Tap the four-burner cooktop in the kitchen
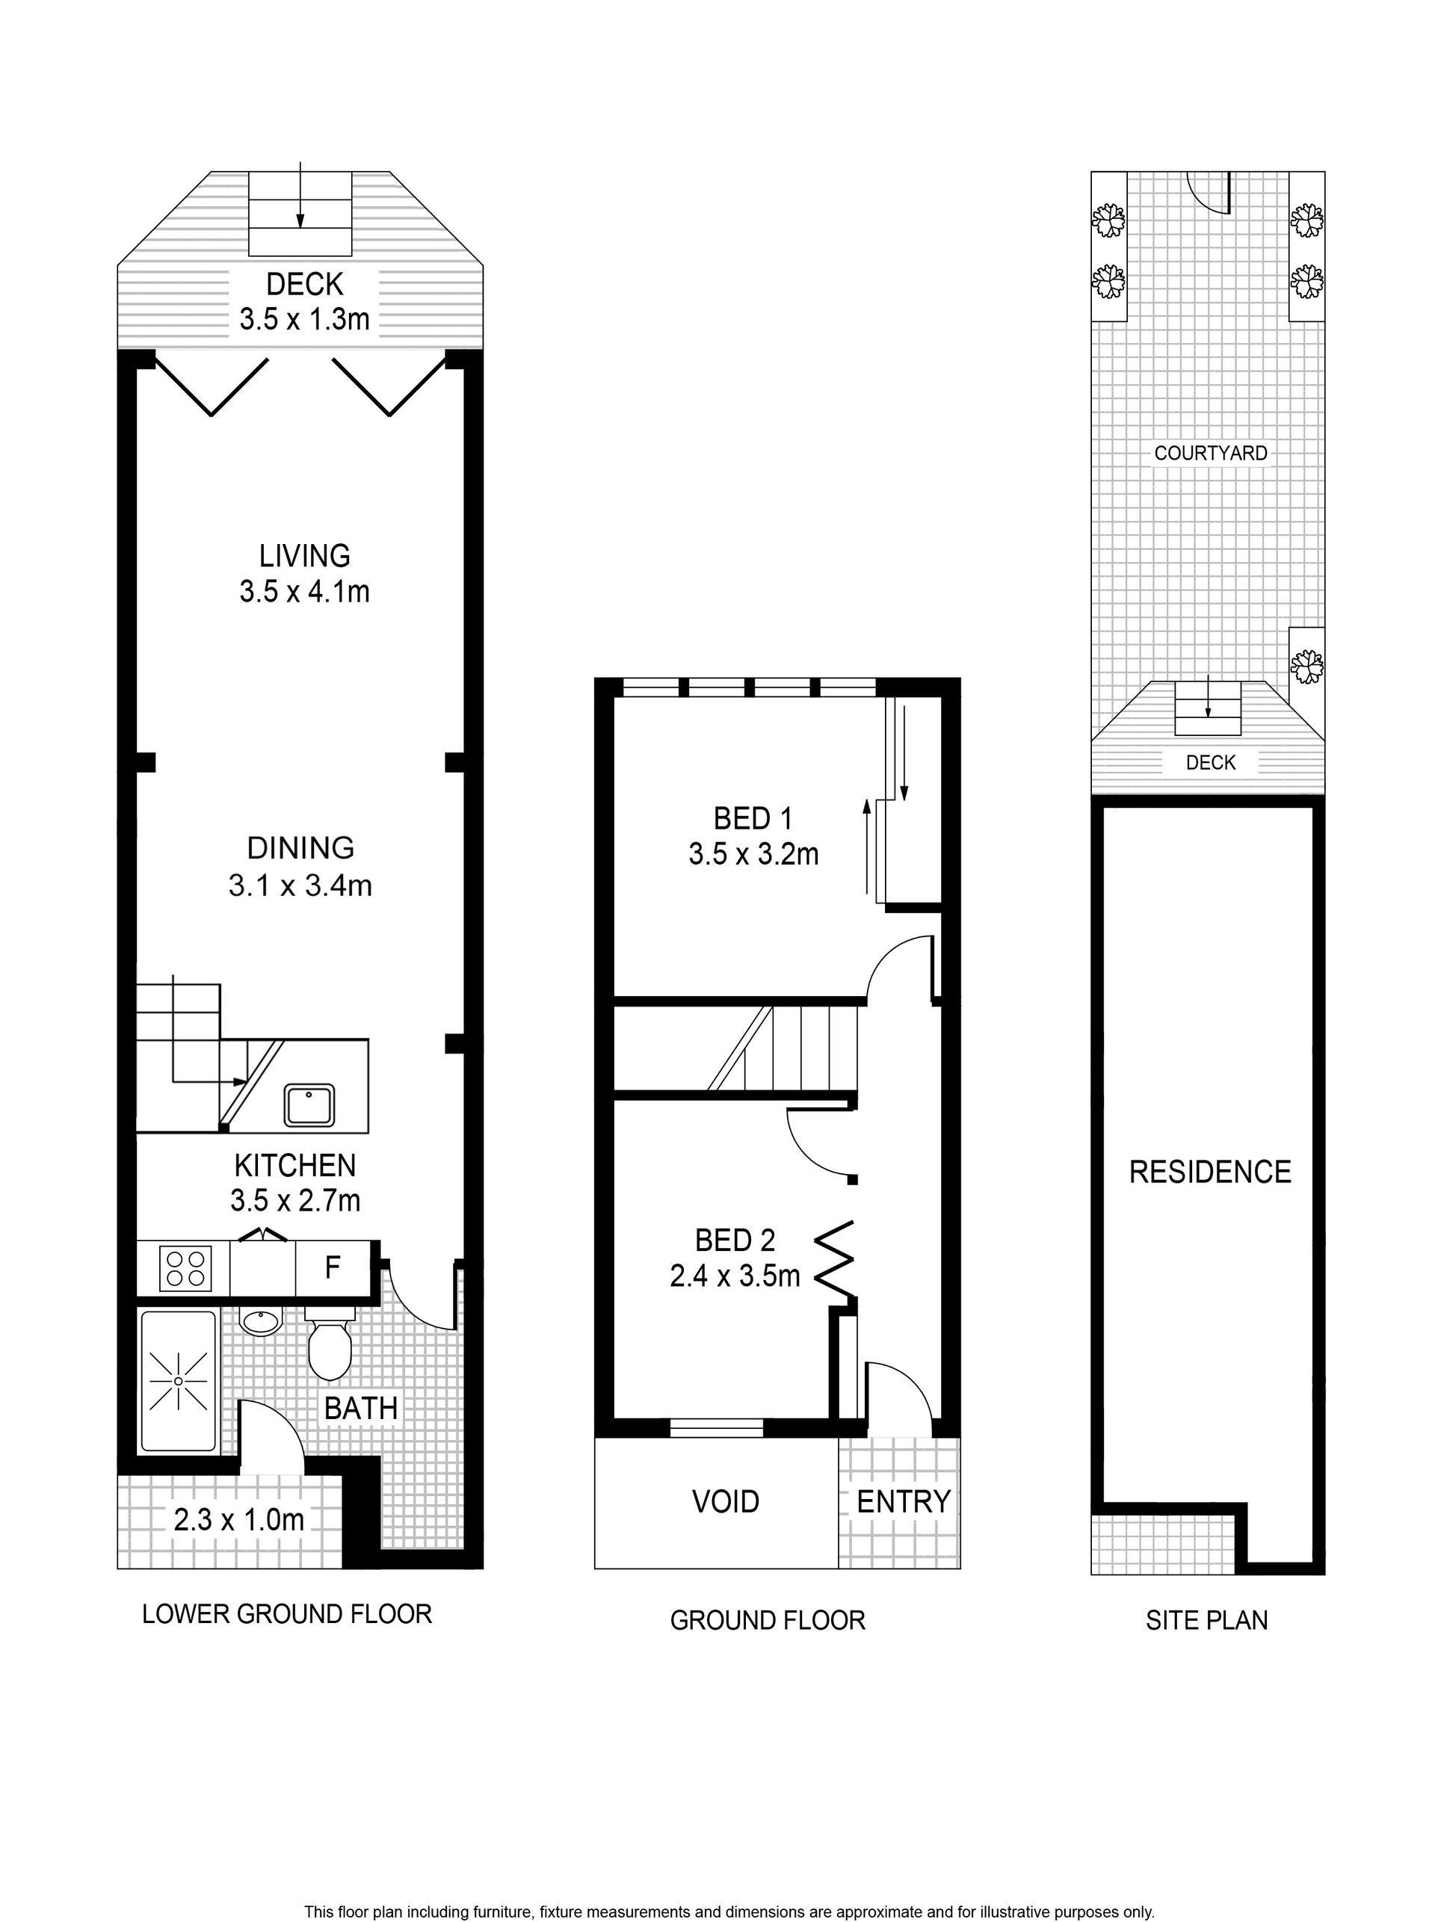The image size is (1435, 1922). [185, 1268]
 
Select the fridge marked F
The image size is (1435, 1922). [333, 1269]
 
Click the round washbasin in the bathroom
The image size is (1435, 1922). [261, 1323]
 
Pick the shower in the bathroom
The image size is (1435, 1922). [178, 1381]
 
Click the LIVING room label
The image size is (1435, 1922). [305, 556]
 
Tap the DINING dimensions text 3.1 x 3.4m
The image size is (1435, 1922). [300, 886]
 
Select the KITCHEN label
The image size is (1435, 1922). [295, 1165]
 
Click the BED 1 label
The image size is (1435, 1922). [753, 818]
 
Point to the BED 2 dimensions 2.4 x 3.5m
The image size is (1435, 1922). [735, 1276]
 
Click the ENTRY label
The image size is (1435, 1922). [904, 1501]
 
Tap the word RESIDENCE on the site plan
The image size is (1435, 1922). [1210, 1172]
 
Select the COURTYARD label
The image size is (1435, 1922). [1211, 453]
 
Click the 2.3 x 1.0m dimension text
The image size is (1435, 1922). [239, 1520]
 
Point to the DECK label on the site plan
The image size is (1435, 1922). [1211, 761]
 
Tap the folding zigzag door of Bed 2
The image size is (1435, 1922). [835, 1262]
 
